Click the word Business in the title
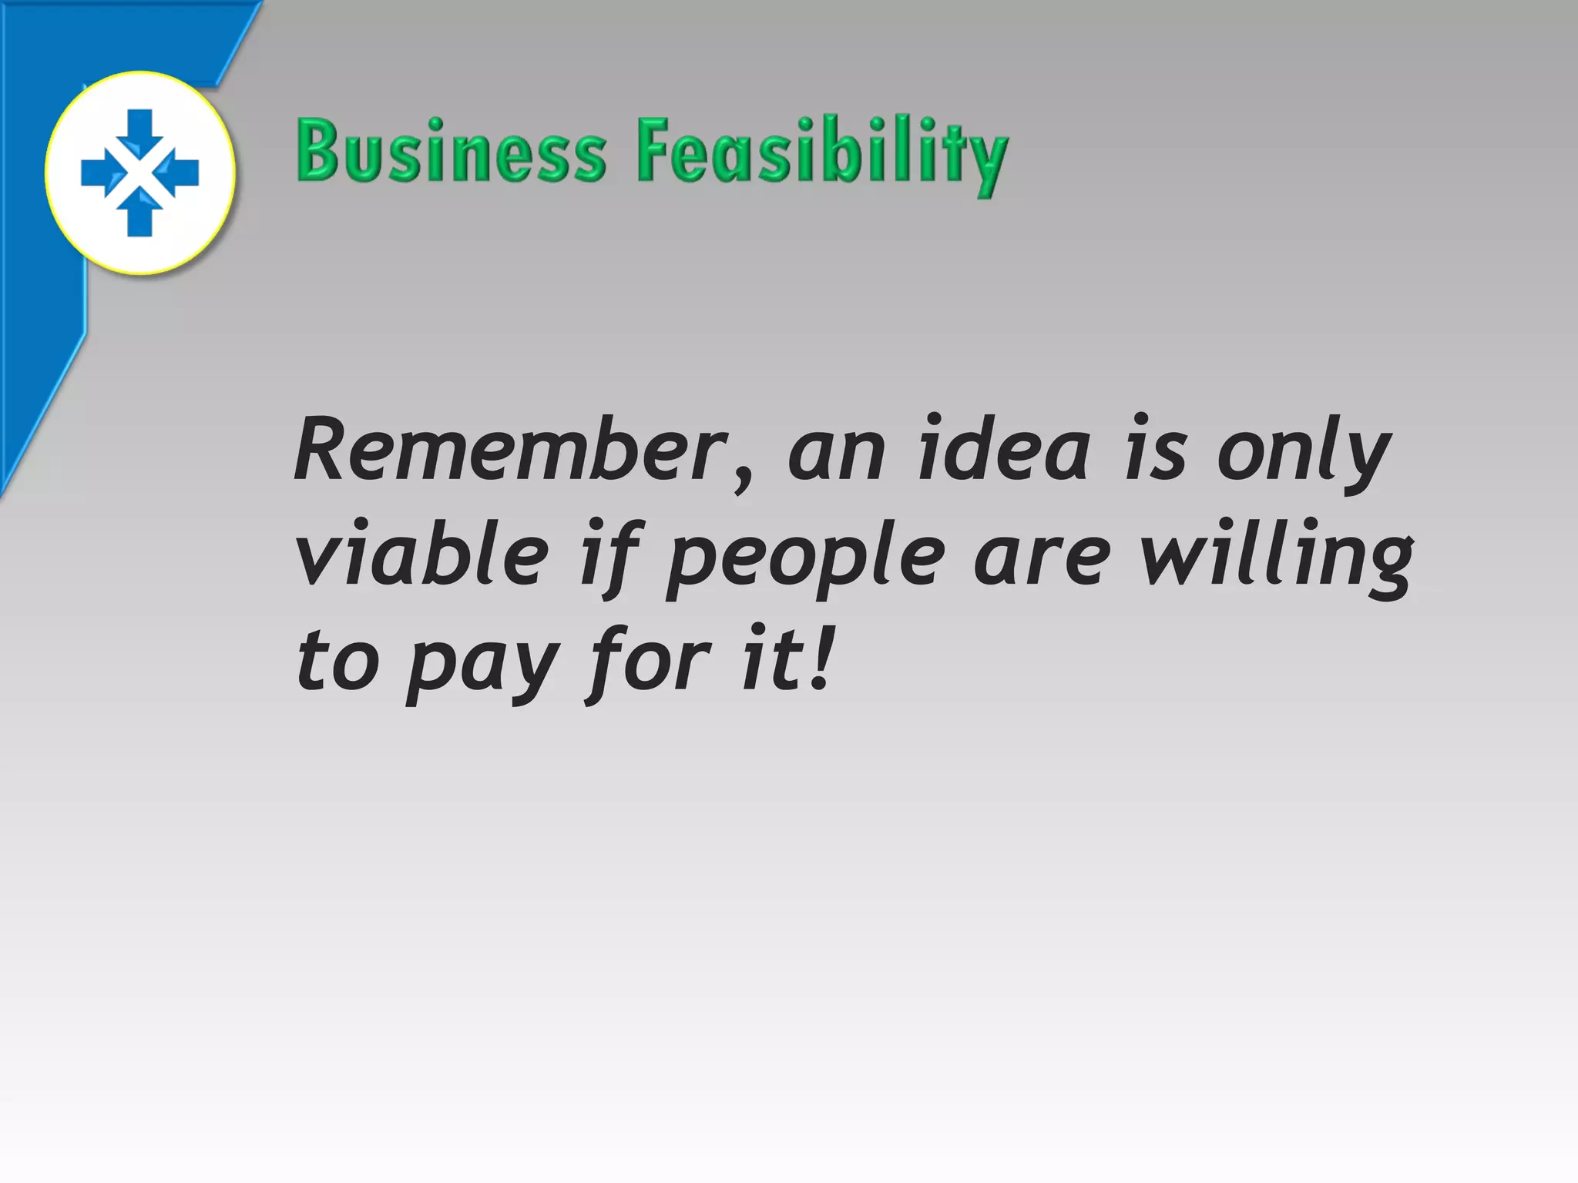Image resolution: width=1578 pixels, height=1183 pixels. pyautogui.click(x=452, y=151)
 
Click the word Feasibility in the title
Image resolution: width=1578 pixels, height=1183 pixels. pyautogui.click(x=821, y=154)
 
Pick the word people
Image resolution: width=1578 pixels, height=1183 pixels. pyautogui.click(x=804, y=558)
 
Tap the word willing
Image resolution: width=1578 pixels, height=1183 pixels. pyautogui.click(x=1276, y=556)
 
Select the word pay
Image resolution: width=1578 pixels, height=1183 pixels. pyautogui.click(x=482, y=664)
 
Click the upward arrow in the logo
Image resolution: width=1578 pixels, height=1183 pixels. pyautogui.click(x=139, y=216)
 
